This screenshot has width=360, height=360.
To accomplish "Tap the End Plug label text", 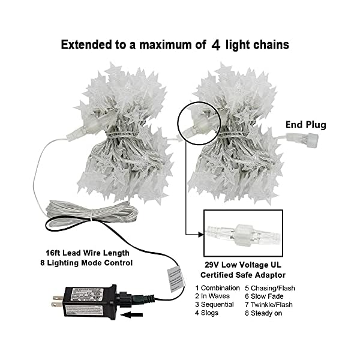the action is click(306, 125).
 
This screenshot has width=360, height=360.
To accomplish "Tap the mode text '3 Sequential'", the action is click(215, 305).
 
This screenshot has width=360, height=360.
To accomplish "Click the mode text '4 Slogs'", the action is click(208, 313).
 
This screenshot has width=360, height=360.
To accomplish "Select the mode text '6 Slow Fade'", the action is click(265, 296).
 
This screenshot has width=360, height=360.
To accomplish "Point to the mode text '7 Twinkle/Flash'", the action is click(270, 305).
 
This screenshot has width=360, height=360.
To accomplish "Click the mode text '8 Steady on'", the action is click(265, 313).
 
